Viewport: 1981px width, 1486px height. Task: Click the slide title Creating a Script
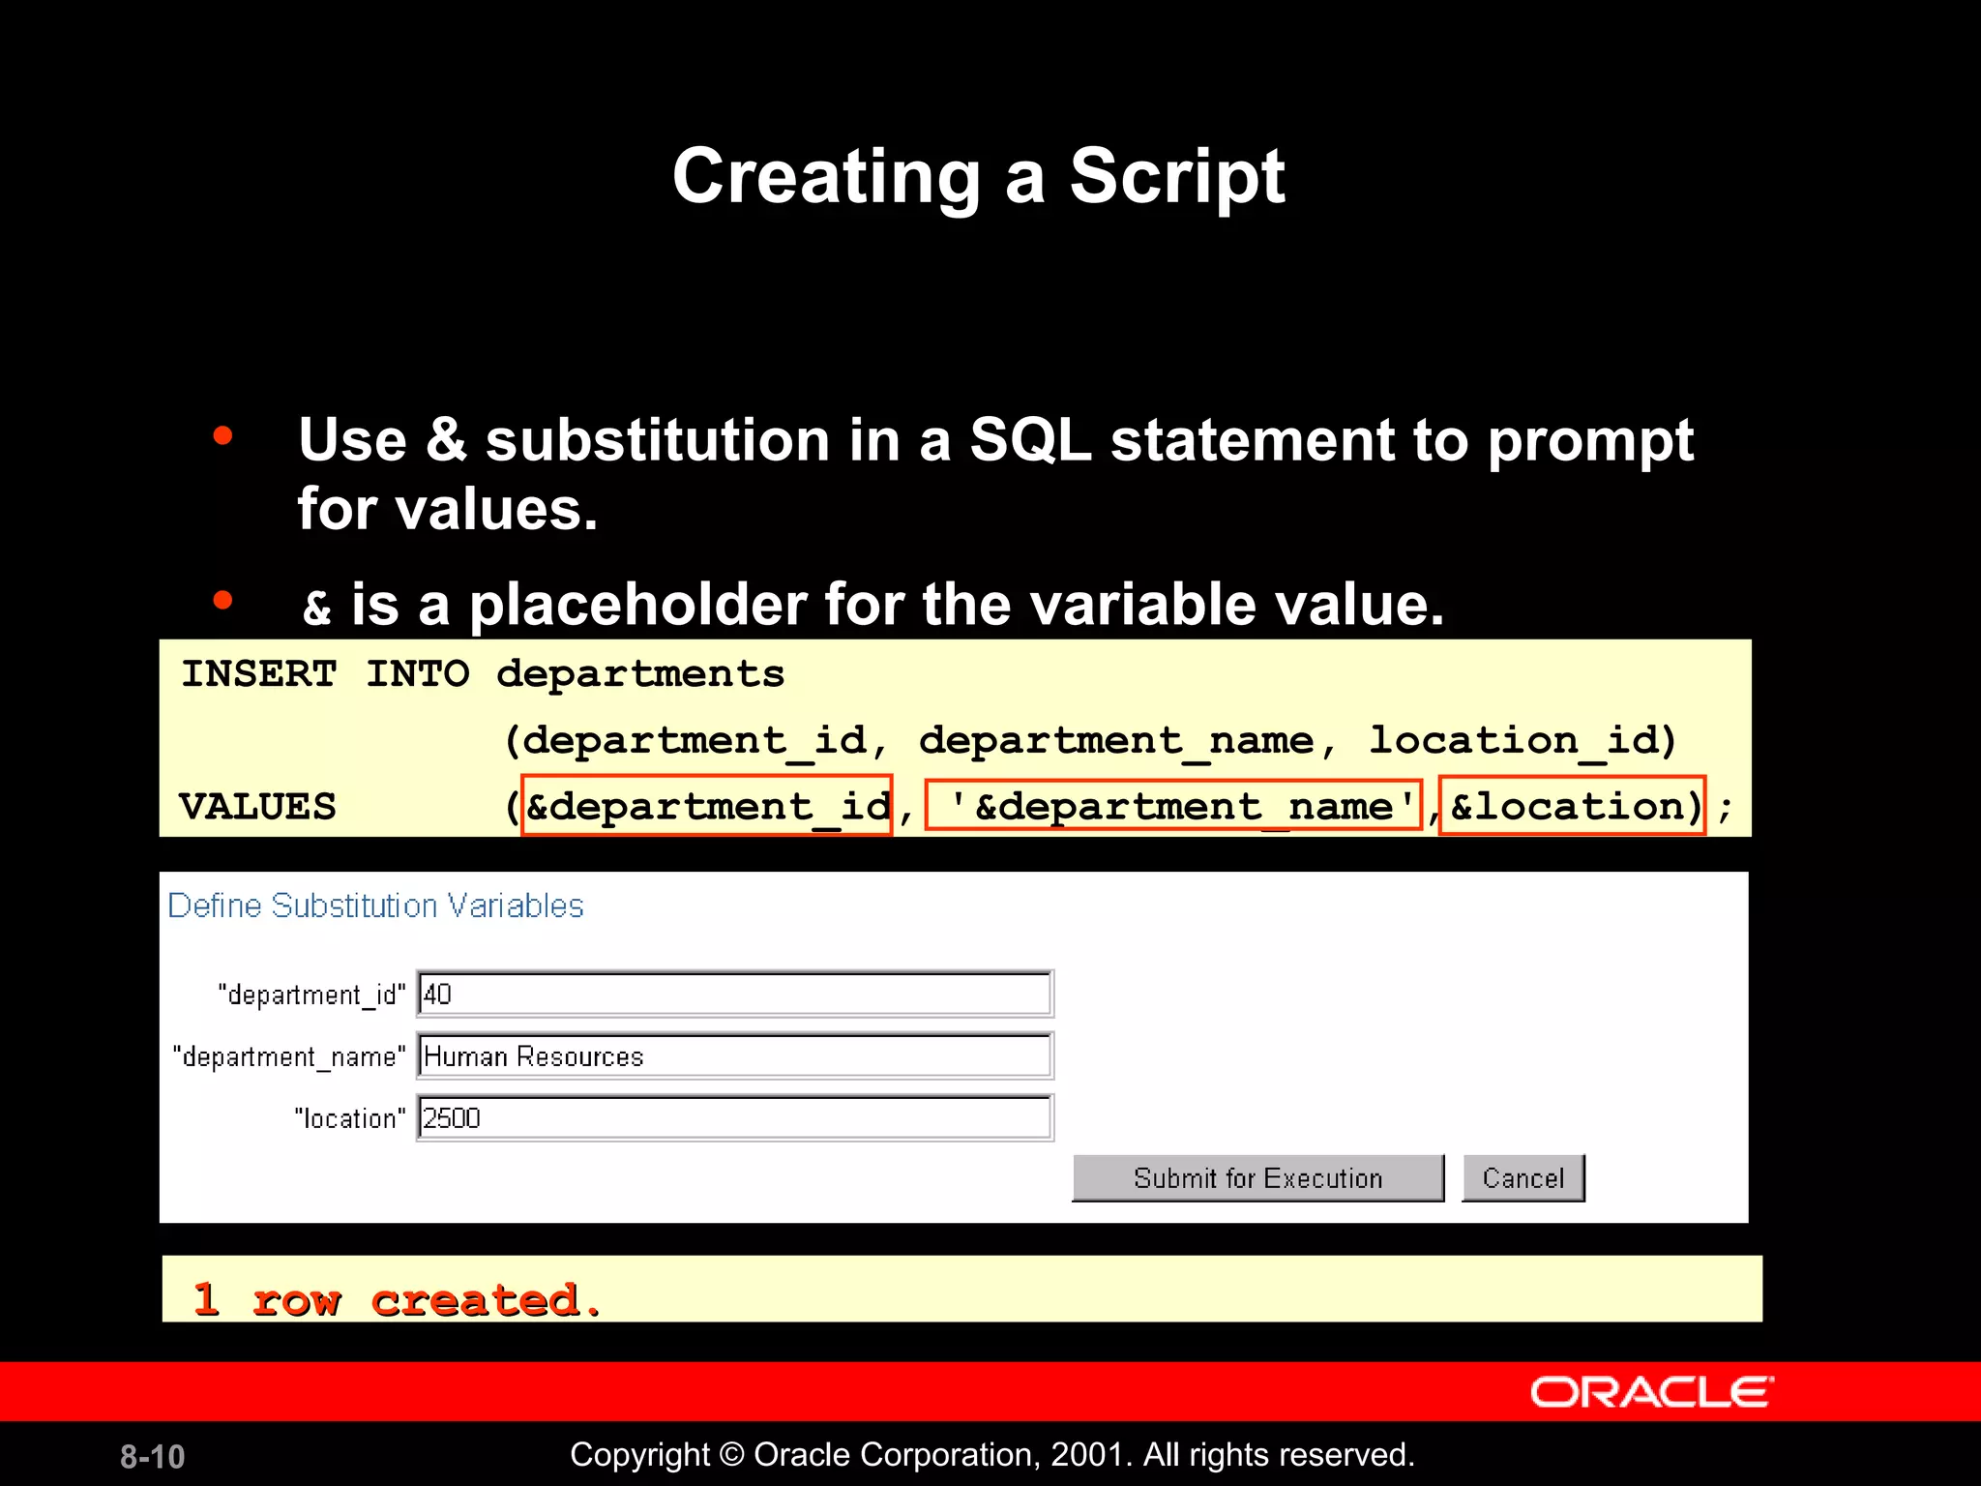[x=978, y=176]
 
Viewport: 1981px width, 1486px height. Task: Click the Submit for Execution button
[x=1257, y=1178]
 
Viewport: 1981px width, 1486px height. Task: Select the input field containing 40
[x=735, y=995]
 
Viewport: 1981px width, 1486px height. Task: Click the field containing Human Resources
[x=735, y=1056]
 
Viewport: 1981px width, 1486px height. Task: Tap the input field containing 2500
[x=735, y=1118]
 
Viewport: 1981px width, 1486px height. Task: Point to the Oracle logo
[x=1651, y=1392]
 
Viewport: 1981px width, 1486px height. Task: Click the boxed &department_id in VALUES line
[x=706, y=806]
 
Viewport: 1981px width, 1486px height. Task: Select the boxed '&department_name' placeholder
[x=1173, y=806]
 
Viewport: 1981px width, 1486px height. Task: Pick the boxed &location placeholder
[x=1572, y=806]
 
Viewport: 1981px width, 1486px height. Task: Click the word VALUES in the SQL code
[x=257, y=807]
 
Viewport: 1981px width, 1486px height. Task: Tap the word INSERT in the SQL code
[x=259, y=674]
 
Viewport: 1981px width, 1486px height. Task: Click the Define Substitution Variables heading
[x=375, y=906]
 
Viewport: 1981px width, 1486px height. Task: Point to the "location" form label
[x=349, y=1119]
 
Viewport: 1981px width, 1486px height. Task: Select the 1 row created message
[x=397, y=1299]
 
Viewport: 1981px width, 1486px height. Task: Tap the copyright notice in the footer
[x=991, y=1455]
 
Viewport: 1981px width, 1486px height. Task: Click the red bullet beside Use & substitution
[x=222, y=436]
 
